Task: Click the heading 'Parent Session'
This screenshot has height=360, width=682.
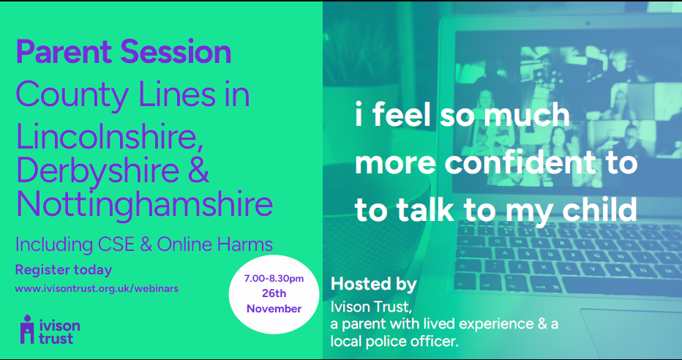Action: tap(124, 52)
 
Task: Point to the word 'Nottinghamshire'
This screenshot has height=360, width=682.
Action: tap(144, 203)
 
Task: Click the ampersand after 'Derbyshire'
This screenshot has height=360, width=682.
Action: tap(198, 170)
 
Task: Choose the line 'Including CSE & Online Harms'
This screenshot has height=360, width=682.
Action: tap(144, 244)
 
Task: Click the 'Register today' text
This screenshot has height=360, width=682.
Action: tap(64, 270)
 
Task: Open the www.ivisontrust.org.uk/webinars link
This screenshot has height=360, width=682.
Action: tap(97, 289)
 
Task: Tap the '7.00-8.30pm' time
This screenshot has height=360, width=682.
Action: tap(274, 279)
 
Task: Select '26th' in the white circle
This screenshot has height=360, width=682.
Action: tap(274, 293)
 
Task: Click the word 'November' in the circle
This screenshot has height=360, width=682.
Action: tap(274, 309)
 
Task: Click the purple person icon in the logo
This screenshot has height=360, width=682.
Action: tap(28, 329)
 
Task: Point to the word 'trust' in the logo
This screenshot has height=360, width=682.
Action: tap(56, 338)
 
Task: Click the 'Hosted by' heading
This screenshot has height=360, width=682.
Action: tap(374, 284)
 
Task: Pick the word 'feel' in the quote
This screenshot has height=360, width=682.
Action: tap(402, 115)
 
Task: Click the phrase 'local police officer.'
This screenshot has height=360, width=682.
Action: tap(394, 341)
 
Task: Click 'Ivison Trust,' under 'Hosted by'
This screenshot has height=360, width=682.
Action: tap(371, 307)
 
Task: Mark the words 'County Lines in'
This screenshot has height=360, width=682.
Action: tap(132, 95)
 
